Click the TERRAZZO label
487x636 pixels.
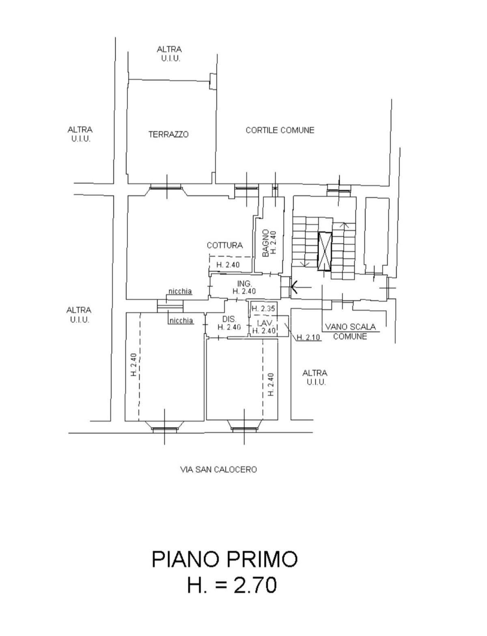(168, 134)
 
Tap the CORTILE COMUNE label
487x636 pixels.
(280, 130)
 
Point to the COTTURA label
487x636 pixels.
(225, 245)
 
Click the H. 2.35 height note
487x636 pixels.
(263, 309)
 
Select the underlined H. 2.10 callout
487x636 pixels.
(309, 337)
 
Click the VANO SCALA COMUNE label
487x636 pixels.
(350, 332)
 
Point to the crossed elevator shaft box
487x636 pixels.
(325, 251)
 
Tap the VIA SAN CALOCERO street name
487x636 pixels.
(218, 470)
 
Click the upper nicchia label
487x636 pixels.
(180, 291)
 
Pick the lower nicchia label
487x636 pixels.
(181, 320)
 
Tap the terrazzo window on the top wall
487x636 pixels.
(166, 187)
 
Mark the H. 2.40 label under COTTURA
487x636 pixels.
(228, 265)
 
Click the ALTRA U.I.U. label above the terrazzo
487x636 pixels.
(170, 54)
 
